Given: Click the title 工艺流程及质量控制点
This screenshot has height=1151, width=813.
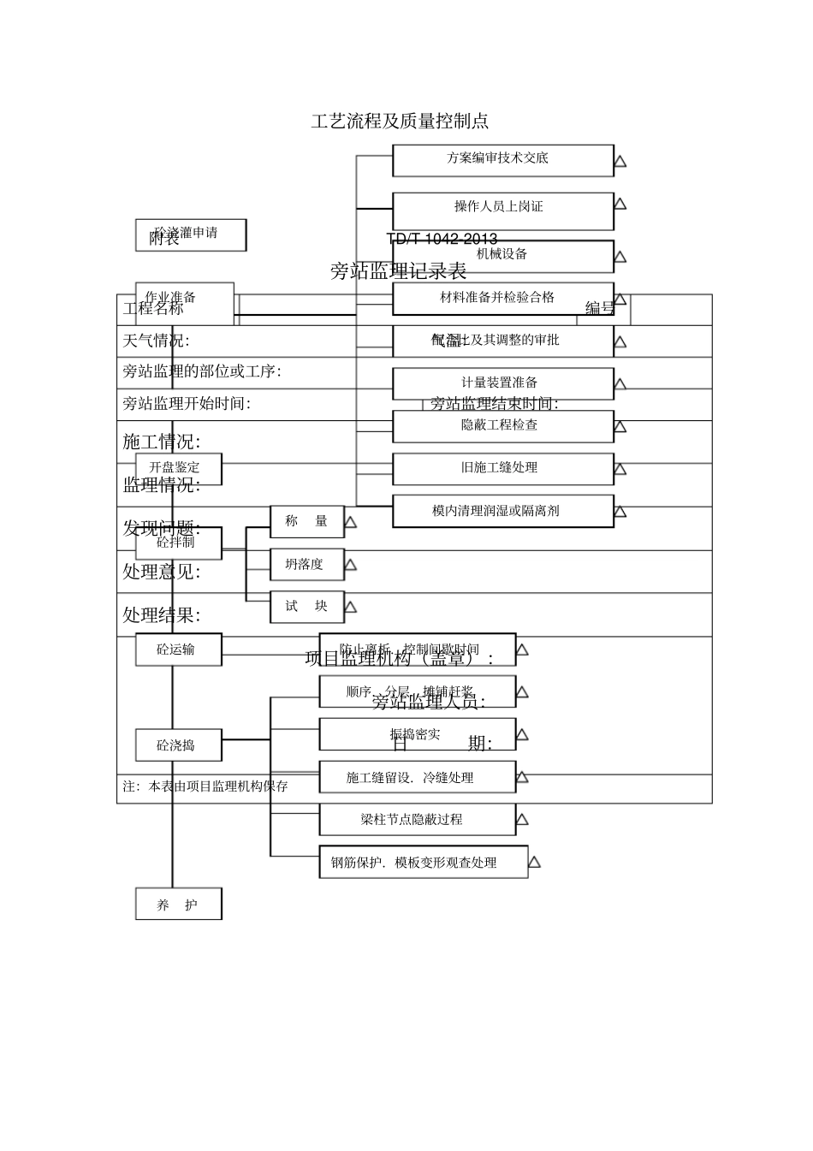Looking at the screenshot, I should pyautogui.click(x=400, y=122).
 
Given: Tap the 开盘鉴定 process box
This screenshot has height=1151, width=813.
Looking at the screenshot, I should pyautogui.click(x=178, y=468).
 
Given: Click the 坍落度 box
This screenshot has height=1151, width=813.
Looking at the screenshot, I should pyautogui.click(x=306, y=565).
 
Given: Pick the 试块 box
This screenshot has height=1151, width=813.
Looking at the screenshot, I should pyautogui.click(x=306, y=607).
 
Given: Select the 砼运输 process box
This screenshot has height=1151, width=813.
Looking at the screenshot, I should pyautogui.click(x=178, y=650).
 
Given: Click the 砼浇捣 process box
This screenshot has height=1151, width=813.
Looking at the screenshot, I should pyautogui.click(x=178, y=745).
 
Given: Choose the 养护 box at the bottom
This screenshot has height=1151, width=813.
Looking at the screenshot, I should pyautogui.click(x=178, y=905).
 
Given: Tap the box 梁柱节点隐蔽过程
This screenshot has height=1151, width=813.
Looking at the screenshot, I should pyautogui.click(x=417, y=820).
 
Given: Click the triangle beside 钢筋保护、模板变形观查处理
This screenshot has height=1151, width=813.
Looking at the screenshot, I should pyautogui.click(x=534, y=862).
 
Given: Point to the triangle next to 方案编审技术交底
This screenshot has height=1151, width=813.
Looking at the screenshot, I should pyautogui.click(x=620, y=161).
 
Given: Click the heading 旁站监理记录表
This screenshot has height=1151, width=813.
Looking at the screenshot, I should pyautogui.click(x=399, y=272).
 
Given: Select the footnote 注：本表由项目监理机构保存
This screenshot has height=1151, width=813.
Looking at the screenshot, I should pyautogui.click(x=205, y=786).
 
